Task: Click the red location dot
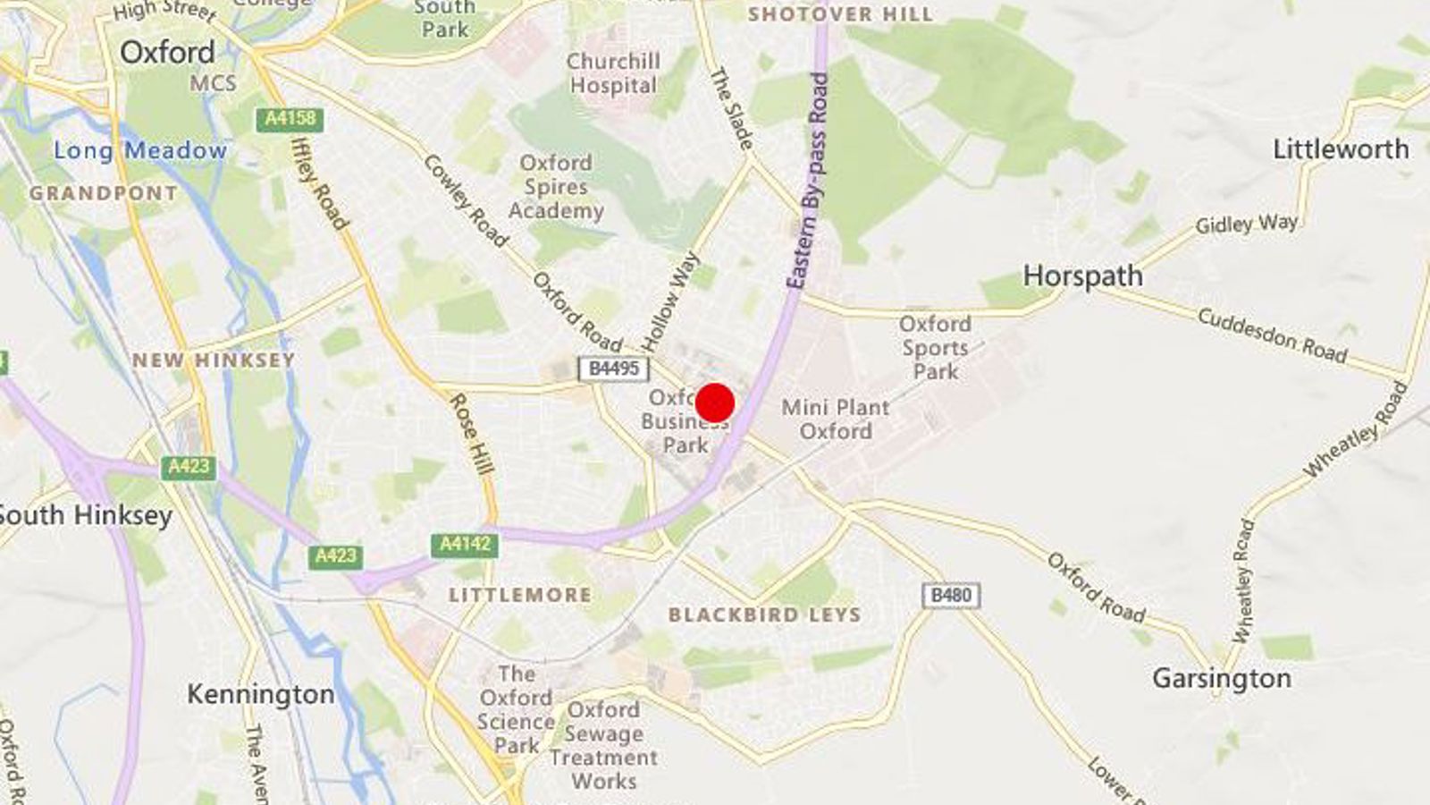pyautogui.click(x=715, y=402)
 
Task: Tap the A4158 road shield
pyautogui.click(x=290, y=119)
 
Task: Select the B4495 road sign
pyautogui.click(x=613, y=368)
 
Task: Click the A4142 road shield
pyautogui.click(x=465, y=544)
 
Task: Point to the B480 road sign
pyautogui.click(x=951, y=596)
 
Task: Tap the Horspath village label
pyautogui.click(x=1082, y=275)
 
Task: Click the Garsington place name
pyautogui.click(x=1221, y=678)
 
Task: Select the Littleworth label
pyautogui.click(x=1341, y=148)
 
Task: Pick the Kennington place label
pyautogui.click(x=260, y=694)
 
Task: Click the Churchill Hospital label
pyautogui.click(x=613, y=73)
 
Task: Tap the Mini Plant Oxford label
pyautogui.click(x=835, y=419)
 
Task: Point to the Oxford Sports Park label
pyautogui.click(x=935, y=347)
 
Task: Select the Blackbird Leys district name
pyautogui.click(x=764, y=614)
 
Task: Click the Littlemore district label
pyautogui.click(x=519, y=595)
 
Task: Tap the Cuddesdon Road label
pyautogui.click(x=1272, y=335)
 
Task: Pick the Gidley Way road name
pyautogui.click(x=1247, y=224)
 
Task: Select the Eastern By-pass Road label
pyautogui.click(x=808, y=179)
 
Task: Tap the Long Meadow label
pyautogui.click(x=140, y=150)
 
